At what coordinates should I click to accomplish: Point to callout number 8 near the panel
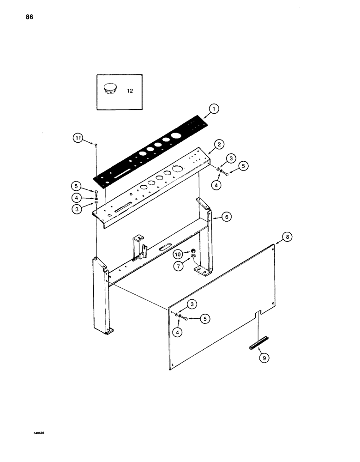(287, 237)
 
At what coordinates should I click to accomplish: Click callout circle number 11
(78, 137)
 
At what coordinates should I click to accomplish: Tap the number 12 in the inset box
(130, 91)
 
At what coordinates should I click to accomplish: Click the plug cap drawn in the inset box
(110, 87)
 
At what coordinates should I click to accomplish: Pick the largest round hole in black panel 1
(175, 137)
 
